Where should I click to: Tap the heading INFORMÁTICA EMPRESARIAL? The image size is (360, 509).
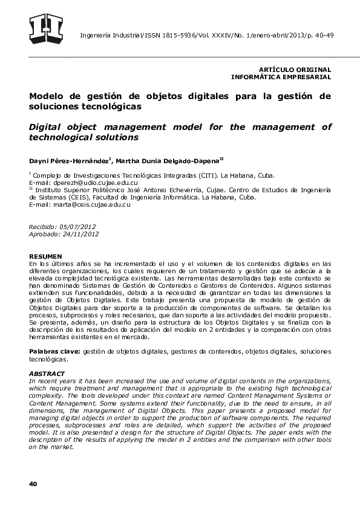point(281,77)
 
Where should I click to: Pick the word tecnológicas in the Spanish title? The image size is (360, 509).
point(116,106)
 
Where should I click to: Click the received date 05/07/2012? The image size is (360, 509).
point(77,225)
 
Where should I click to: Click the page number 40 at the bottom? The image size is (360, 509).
point(33,484)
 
